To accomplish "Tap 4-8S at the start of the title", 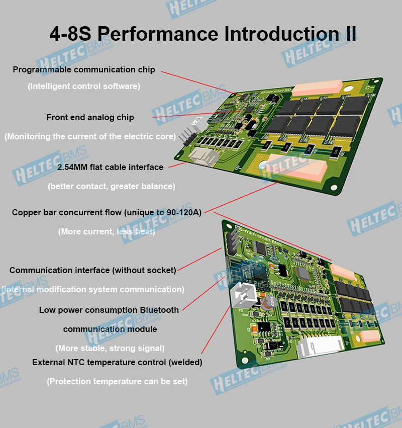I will [x=70, y=34].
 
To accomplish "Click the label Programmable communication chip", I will [x=84, y=70].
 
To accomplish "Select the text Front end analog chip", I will [x=90, y=117].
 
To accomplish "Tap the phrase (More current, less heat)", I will [x=107, y=231].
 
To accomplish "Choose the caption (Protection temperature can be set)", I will [x=117, y=381].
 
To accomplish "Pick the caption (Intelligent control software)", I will [x=83, y=86].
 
